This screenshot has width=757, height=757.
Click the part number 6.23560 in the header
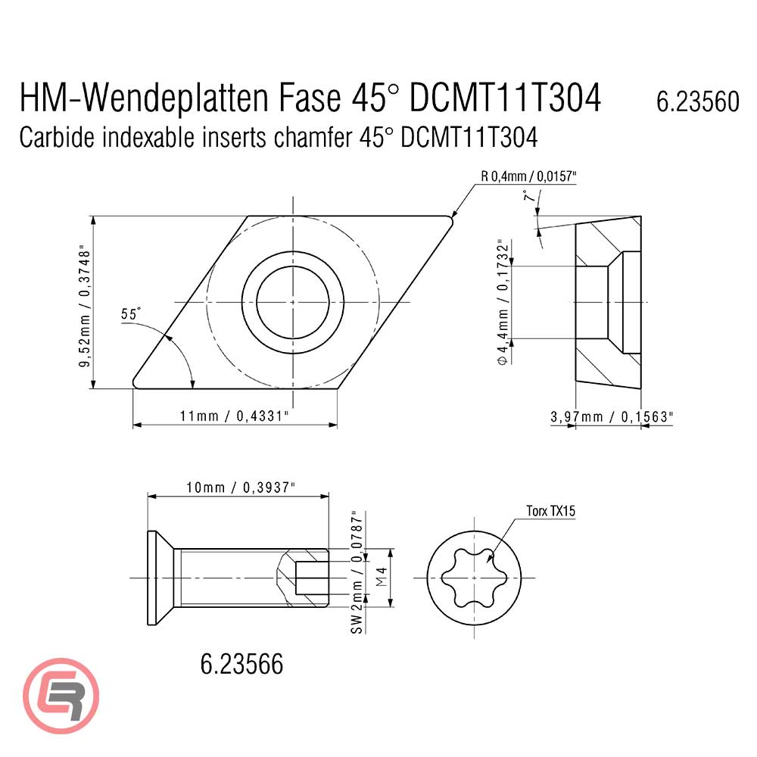(x=697, y=101)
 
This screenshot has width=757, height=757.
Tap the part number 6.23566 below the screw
(x=241, y=664)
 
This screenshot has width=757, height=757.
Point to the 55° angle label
(x=131, y=313)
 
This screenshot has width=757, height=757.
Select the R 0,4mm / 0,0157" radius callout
(x=528, y=176)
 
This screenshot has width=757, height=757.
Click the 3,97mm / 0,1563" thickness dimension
(x=611, y=416)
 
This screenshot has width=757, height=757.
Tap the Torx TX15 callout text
(x=550, y=512)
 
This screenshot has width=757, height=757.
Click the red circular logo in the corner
(x=61, y=694)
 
